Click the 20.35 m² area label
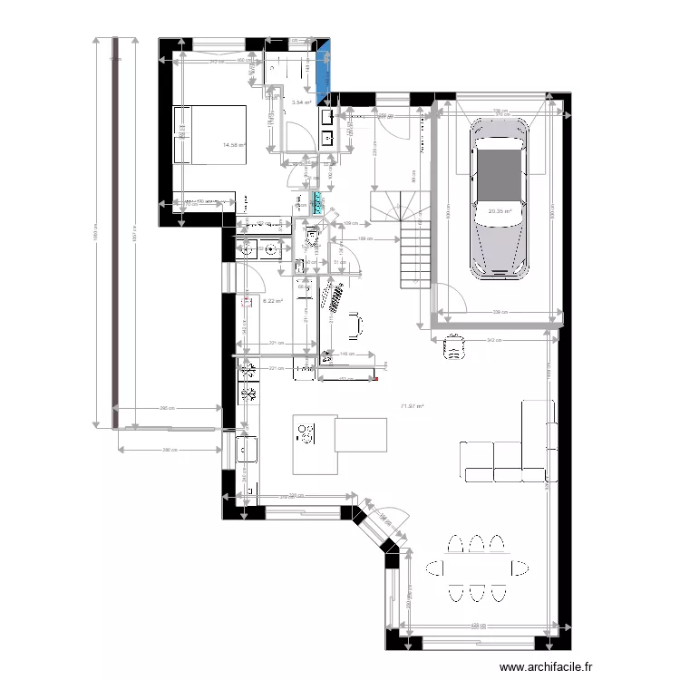click(x=500, y=212)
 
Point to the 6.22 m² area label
click(x=272, y=302)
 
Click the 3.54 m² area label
click(x=302, y=102)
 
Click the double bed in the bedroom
click(x=209, y=133)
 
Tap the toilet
click(x=312, y=238)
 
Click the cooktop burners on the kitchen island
click(x=306, y=434)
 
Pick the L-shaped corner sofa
click(x=517, y=449)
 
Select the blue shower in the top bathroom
click(x=324, y=69)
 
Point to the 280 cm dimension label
click(x=170, y=450)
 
